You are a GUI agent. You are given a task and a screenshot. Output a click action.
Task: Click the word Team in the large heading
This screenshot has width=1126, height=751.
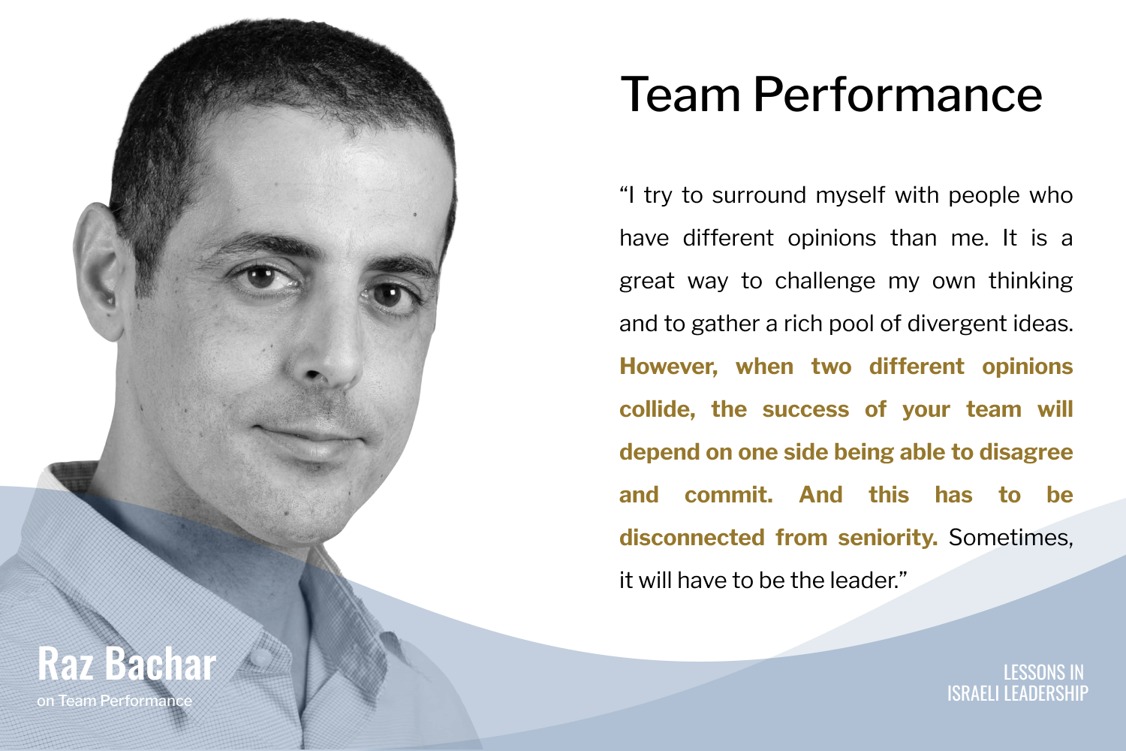(681, 94)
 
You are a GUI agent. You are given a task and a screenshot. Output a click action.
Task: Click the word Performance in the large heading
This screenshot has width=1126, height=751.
(898, 94)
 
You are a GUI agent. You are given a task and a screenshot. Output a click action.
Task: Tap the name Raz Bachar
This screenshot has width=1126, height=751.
(127, 664)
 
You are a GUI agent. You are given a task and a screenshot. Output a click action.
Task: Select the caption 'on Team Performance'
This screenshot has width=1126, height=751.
(115, 701)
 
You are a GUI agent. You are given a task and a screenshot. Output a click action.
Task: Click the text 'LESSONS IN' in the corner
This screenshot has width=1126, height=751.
(1043, 672)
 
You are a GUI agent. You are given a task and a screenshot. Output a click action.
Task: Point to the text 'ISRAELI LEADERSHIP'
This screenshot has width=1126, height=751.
(1018, 693)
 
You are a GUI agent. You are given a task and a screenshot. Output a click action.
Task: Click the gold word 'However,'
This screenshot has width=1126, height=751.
(669, 366)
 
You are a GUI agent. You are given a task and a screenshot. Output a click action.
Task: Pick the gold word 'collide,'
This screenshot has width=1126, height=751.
(657, 409)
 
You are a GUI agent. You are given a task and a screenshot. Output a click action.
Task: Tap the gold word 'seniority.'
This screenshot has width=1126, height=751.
(888, 538)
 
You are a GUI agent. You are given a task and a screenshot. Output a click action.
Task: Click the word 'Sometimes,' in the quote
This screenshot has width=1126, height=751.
(1011, 538)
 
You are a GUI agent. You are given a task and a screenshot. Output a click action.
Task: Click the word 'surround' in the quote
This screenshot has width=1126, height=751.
(759, 195)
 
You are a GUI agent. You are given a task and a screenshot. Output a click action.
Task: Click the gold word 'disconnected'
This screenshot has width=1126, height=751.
(692, 538)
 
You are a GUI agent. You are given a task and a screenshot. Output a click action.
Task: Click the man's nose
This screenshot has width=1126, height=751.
(327, 352)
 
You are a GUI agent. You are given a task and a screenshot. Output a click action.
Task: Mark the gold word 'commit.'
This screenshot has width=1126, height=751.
(728, 495)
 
